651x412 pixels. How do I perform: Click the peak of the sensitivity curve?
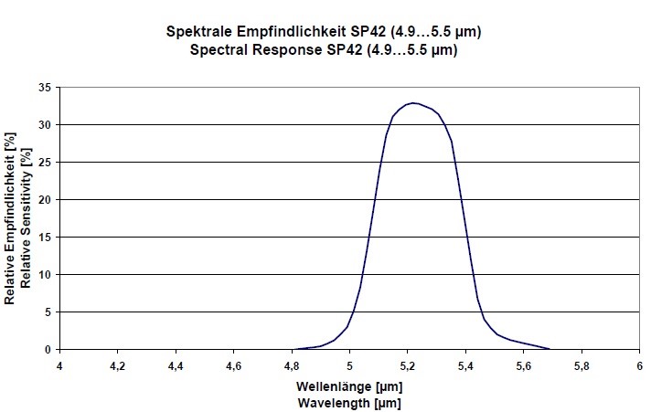[413, 103]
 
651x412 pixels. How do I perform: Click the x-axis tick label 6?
[639, 365]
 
